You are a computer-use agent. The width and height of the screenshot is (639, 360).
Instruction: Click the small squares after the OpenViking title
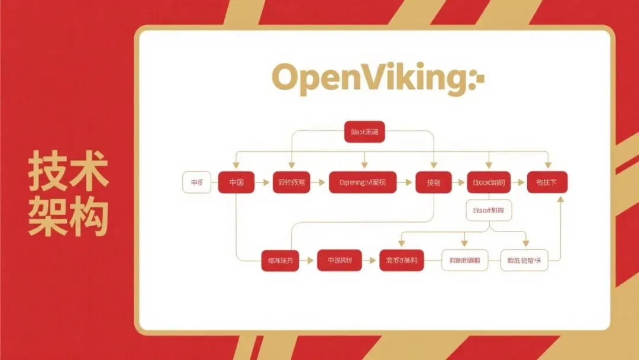point(479,79)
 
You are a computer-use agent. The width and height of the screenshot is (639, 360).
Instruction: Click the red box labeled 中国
point(235,182)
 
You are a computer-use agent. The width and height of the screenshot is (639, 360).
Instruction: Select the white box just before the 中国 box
point(196,182)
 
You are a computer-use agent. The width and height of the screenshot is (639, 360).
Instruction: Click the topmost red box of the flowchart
point(364,132)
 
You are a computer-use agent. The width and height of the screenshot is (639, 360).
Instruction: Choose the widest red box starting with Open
point(362,182)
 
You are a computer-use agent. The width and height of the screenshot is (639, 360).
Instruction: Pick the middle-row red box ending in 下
point(547,182)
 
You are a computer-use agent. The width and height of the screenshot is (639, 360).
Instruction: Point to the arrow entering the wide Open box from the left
point(319,182)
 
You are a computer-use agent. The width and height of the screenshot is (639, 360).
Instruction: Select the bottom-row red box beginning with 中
point(339,260)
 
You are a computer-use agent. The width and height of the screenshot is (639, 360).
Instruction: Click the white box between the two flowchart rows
point(489,210)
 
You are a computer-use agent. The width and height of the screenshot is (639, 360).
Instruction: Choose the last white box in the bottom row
point(524,260)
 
